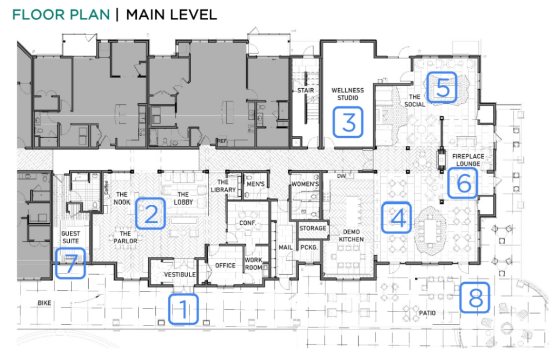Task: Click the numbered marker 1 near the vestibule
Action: (x=183, y=309)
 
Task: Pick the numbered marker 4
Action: (x=397, y=217)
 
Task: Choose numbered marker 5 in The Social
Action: (x=443, y=88)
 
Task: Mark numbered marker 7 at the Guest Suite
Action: (x=70, y=263)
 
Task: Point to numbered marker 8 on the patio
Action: (x=475, y=298)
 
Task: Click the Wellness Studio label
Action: (x=348, y=94)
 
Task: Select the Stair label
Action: (x=306, y=90)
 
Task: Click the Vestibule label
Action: (x=179, y=275)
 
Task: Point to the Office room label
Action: (x=225, y=265)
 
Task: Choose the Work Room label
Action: (x=254, y=264)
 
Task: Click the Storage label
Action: (x=313, y=228)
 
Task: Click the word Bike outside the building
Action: (x=44, y=303)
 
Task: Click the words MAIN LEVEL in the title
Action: (x=172, y=14)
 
